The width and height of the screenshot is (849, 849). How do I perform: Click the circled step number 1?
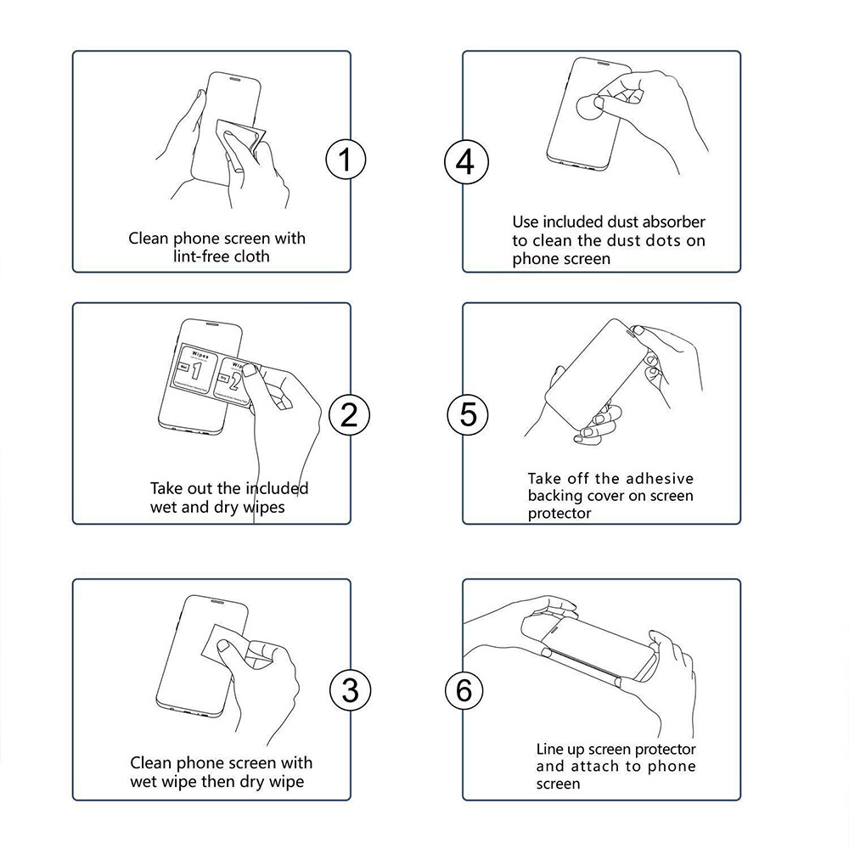[346, 160]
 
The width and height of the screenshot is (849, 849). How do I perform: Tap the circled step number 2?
[349, 415]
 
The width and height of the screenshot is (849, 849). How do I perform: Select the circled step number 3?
[351, 690]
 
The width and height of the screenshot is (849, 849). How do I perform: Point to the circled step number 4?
[466, 162]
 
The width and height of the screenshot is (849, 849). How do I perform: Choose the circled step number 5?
[467, 415]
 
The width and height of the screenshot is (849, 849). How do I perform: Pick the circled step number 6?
[464, 691]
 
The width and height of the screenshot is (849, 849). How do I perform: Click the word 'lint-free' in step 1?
[199, 256]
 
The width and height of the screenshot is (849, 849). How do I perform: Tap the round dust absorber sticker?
[590, 109]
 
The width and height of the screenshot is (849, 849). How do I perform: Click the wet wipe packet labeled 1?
[195, 368]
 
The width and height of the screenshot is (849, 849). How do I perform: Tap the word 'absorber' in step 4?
[674, 222]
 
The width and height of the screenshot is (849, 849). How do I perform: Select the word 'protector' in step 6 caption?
[666, 750]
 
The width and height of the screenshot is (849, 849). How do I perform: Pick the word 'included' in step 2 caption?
[276, 488]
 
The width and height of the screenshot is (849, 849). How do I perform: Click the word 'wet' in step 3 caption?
[143, 782]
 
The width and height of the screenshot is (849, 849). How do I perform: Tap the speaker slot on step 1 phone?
[235, 78]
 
